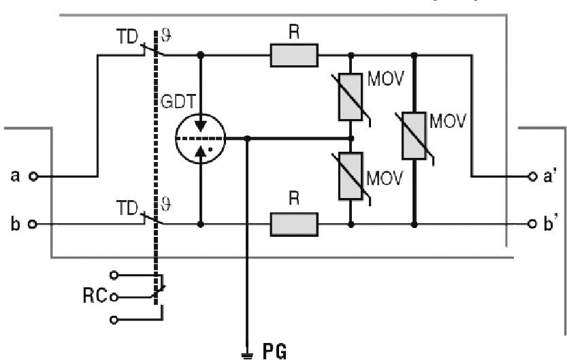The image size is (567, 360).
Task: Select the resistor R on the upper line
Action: (x=294, y=55)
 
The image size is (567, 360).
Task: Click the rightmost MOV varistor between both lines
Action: (x=414, y=140)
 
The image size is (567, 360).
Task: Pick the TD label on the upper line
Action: (x=128, y=35)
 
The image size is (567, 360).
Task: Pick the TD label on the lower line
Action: (x=128, y=203)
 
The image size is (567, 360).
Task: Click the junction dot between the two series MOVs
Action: (x=351, y=138)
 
